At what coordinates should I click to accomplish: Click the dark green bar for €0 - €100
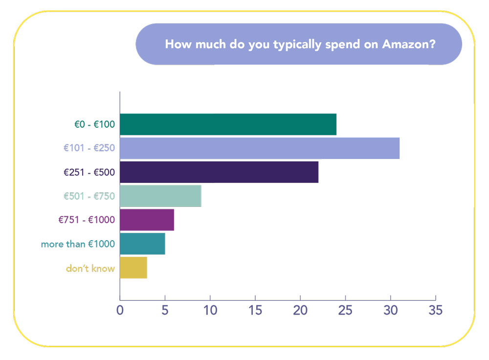[228, 124]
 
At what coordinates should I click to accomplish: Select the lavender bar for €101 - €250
[259, 148]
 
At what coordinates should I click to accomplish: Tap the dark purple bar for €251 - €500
[219, 172]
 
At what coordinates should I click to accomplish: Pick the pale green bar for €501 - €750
[160, 196]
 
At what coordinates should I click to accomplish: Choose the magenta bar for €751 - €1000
[147, 220]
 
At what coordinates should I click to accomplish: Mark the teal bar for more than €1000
[142, 244]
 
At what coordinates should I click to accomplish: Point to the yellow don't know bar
[133, 268]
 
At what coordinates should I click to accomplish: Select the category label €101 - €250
[90, 148]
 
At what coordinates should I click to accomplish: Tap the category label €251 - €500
[89, 172]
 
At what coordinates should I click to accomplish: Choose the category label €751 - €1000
[87, 220]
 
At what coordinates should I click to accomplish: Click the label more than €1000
[78, 244]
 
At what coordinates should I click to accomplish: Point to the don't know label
[90, 268]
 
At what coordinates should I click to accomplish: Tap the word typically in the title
[283, 45]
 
